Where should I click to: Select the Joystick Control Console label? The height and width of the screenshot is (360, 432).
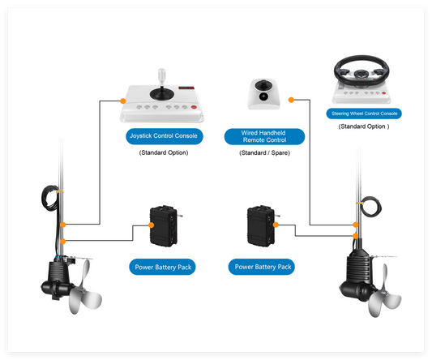click(x=165, y=136)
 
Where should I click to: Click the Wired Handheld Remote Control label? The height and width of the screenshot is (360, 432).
click(x=264, y=136)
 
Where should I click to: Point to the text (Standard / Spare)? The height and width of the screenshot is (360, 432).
click(x=264, y=152)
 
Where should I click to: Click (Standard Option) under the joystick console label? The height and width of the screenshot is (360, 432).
click(x=165, y=152)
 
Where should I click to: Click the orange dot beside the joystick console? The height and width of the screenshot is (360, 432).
click(x=123, y=101)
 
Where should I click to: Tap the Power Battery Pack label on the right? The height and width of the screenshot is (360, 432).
click(x=263, y=267)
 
